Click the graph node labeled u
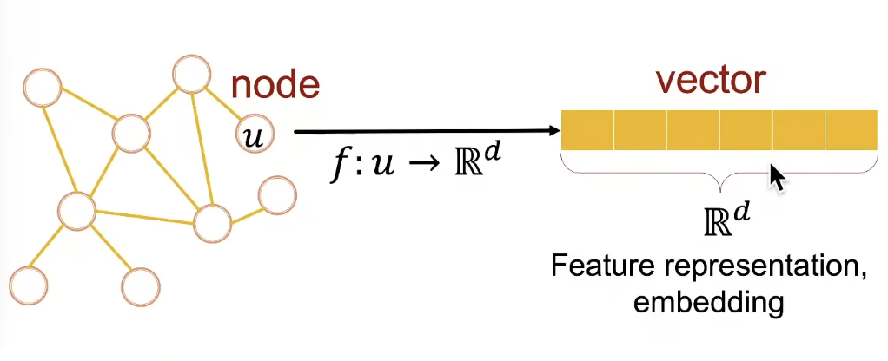pyautogui.click(x=255, y=135)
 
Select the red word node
pyautogui.click(x=275, y=85)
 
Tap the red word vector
pyautogui.click(x=710, y=80)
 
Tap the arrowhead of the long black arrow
pyautogui.click(x=553, y=132)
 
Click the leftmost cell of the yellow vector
pyautogui.click(x=587, y=130)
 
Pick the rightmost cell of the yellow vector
pyautogui.click(x=851, y=130)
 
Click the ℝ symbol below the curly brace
pyautogui.click(x=712, y=222)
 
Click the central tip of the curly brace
pyautogui.click(x=718, y=186)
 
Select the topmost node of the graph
pyautogui.click(x=190, y=74)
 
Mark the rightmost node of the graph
pyautogui.click(x=277, y=194)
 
